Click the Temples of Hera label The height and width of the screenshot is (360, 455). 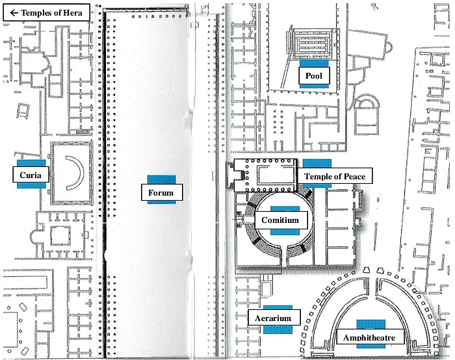46,12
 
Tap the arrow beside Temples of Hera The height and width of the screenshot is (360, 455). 14,12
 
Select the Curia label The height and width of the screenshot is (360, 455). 31,175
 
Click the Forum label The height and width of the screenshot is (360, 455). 162,192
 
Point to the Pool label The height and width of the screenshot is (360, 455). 314,76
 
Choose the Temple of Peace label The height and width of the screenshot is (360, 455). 334,176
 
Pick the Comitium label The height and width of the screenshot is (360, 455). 281,220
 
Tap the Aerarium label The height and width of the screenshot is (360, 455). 274,318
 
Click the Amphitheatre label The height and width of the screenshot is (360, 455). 370,337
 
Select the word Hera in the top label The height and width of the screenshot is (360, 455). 73,12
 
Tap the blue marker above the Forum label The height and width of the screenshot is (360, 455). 161,179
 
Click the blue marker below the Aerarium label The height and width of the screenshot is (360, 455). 278,329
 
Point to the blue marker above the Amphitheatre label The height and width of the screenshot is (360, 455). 371,325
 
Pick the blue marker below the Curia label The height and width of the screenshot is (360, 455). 31,186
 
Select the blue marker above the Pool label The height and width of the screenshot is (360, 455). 314,63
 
